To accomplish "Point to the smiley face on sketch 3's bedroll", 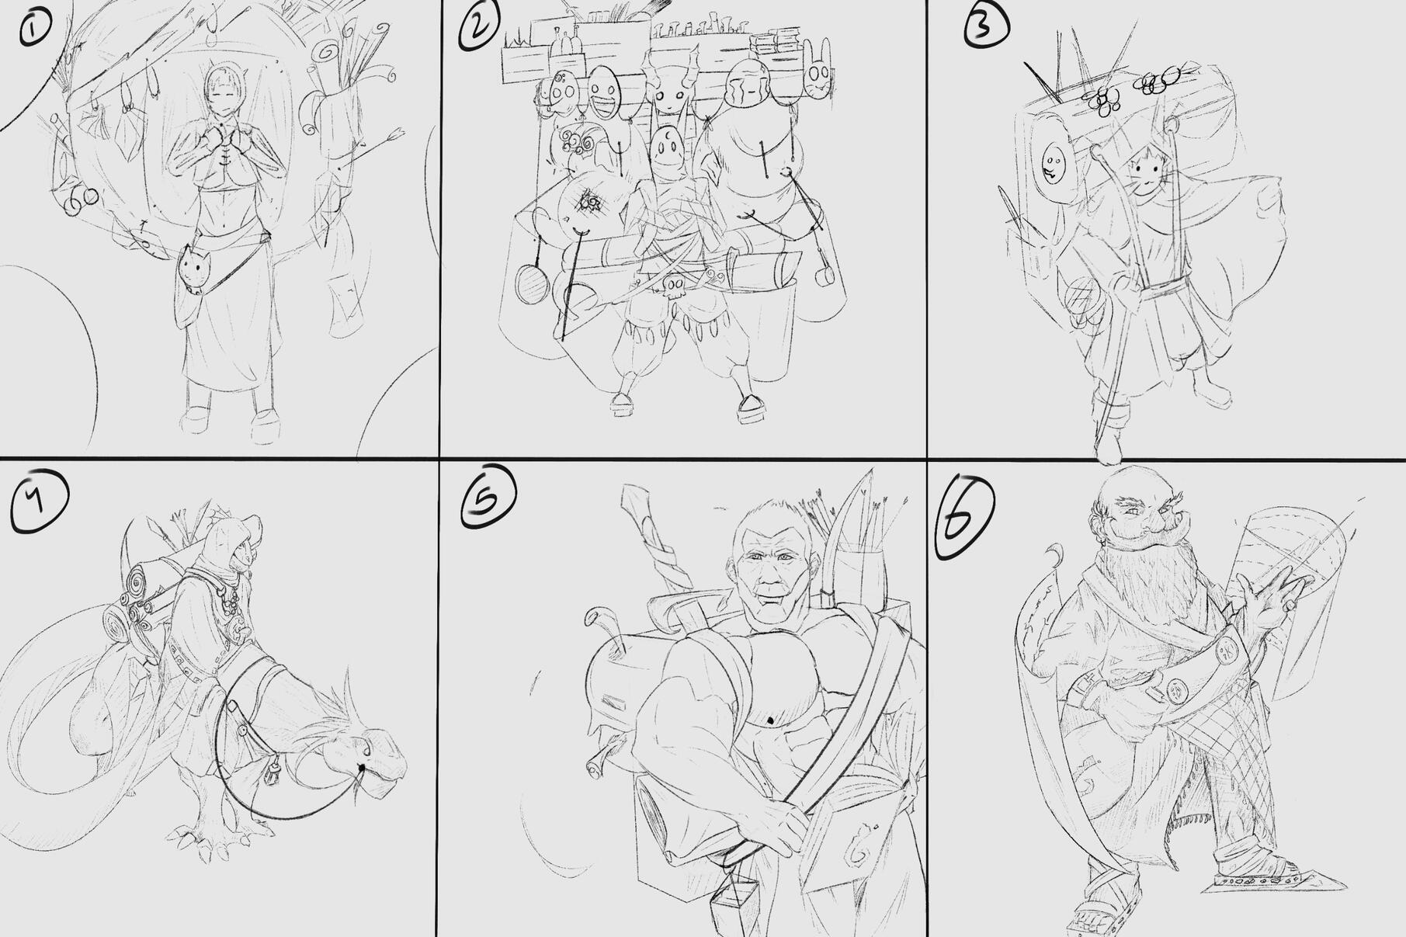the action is tap(1053, 164).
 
